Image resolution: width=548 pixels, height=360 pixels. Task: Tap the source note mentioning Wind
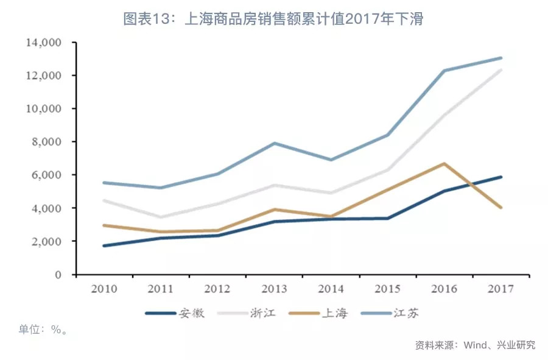pyautogui.click(x=475, y=345)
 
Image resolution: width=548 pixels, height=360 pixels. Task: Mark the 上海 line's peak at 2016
pyautogui.click(x=444, y=163)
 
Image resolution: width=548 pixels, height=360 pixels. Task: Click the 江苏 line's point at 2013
pyautogui.click(x=275, y=143)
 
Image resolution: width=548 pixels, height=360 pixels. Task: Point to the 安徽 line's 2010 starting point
pyautogui.click(x=105, y=245)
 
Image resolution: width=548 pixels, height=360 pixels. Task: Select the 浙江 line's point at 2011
pyautogui.click(x=161, y=217)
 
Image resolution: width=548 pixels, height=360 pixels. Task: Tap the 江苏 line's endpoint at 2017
pyautogui.click(x=501, y=58)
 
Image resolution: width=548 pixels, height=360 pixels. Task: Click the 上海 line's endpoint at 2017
pyautogui.click(x=501, y=208)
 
